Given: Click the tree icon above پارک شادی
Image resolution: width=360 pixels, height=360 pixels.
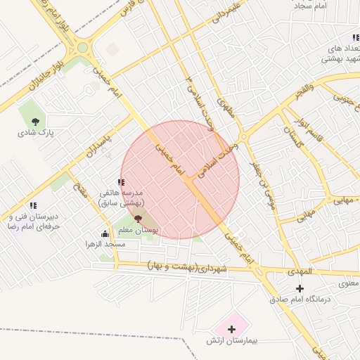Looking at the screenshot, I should [x=35, y=122].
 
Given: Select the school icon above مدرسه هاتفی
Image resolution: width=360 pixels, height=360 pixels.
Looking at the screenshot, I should [x=121, y=182].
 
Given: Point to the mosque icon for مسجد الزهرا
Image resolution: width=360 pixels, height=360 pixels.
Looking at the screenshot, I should [x=105, y=234].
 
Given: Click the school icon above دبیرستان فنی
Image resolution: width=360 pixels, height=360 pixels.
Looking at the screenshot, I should [x=32, y=205].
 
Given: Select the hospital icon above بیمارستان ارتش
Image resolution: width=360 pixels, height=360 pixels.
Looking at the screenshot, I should [x=231, y=328].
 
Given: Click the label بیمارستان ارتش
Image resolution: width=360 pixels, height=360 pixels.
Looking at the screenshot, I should [x=233, y=340].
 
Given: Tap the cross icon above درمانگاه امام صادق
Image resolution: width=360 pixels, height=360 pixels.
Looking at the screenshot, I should [x=300, y=288].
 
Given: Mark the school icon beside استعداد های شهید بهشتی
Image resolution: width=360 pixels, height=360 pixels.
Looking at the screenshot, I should [x=356, y=37].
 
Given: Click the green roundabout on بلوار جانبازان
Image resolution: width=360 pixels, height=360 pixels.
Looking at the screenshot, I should [x=83, y=48].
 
